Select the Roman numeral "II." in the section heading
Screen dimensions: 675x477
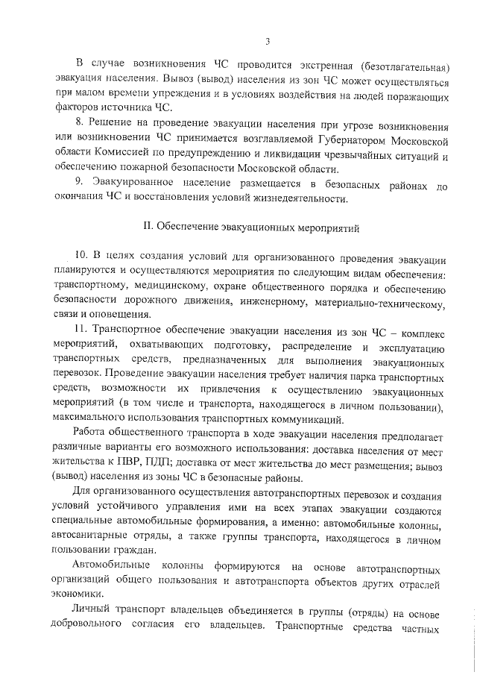[148, 225]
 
